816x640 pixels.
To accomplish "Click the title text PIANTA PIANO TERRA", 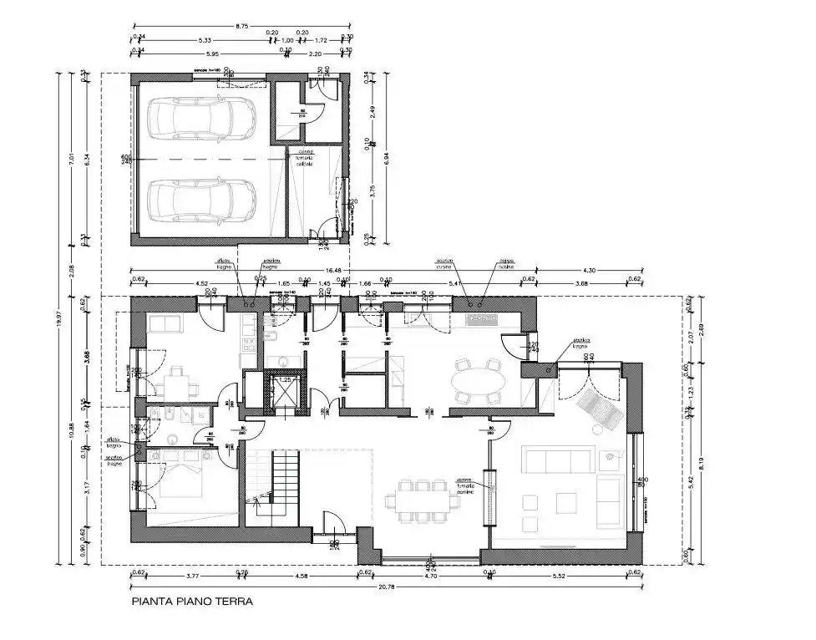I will (x=191, y=601).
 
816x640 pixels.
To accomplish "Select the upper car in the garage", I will (x=201, y=118).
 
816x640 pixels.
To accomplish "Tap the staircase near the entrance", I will (x=281, y=485).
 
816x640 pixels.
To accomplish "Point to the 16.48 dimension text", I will (x=335, y=271).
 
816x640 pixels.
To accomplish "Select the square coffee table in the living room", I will (x=566, y=502).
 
